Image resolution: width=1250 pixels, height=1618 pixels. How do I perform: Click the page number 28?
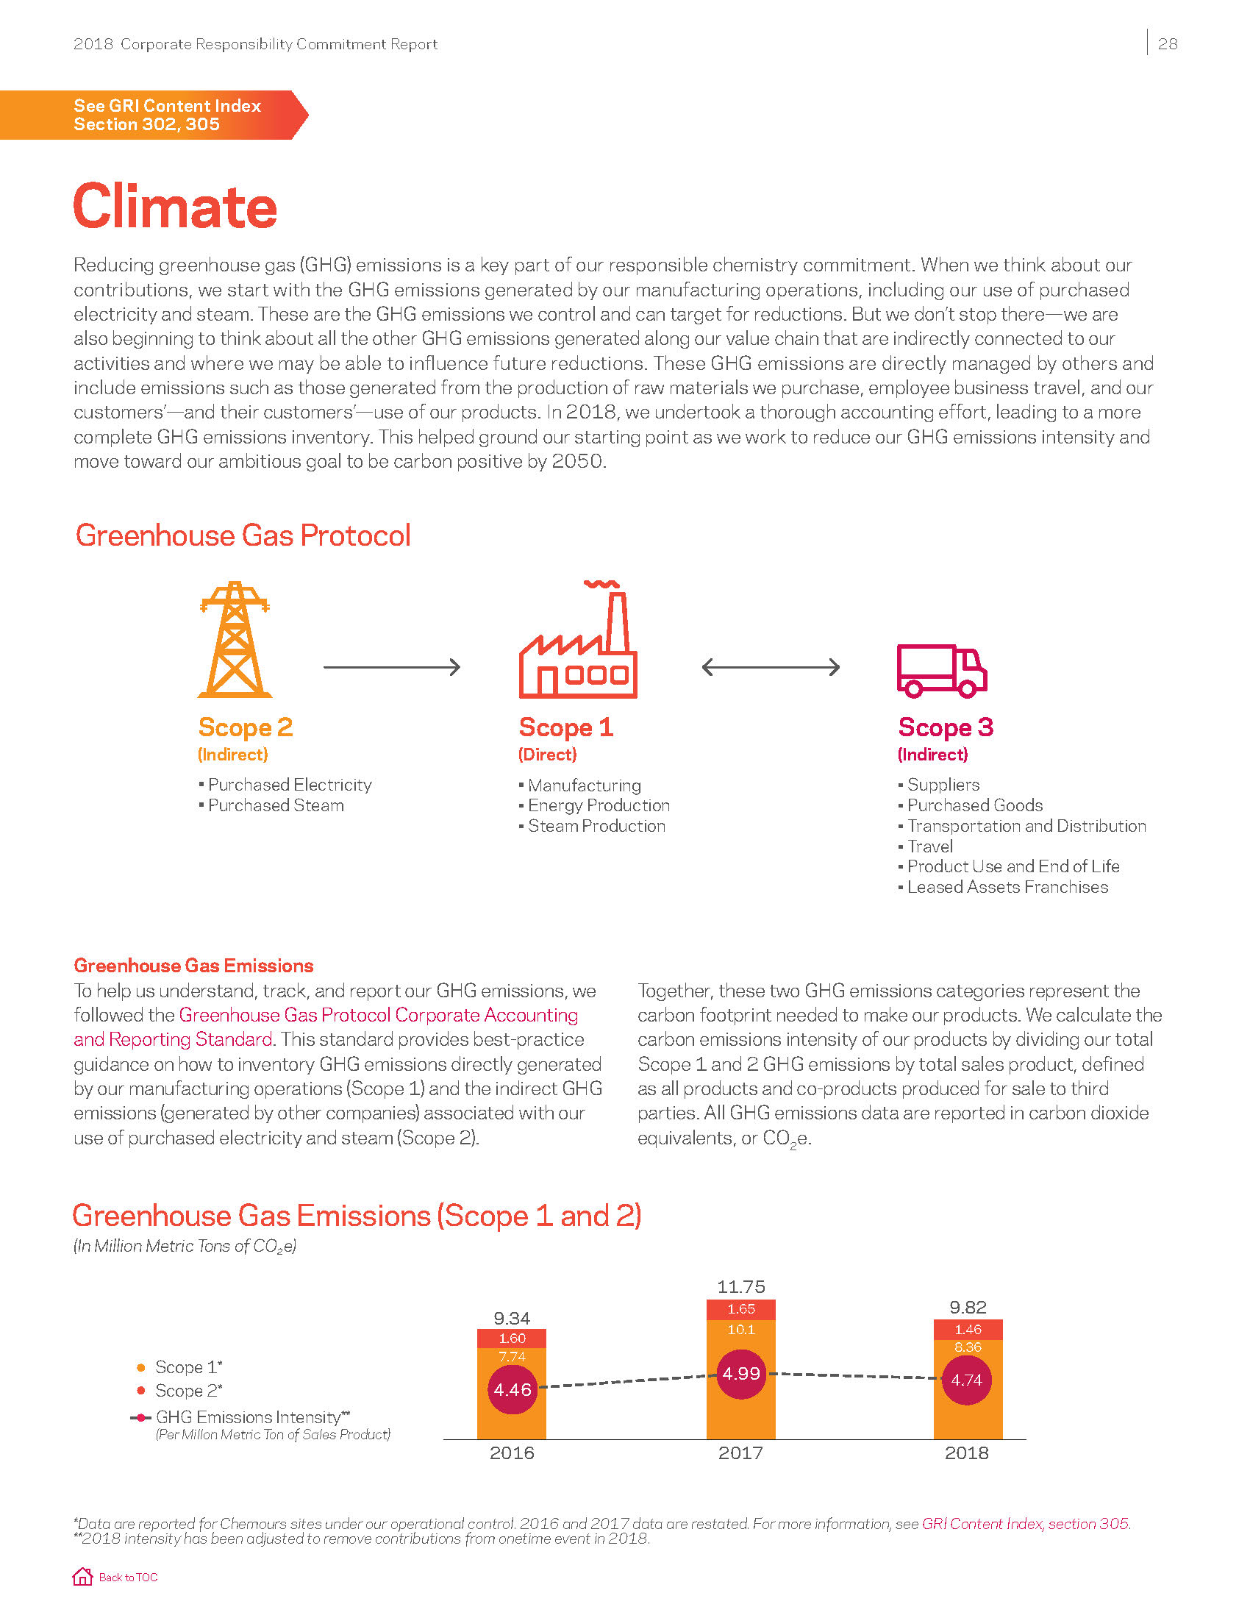[1167, 44]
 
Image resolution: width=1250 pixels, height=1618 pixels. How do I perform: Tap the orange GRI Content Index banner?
[154, 115]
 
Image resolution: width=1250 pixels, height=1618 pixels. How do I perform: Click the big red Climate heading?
[175, 207]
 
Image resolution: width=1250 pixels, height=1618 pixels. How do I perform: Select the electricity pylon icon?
[235, 639]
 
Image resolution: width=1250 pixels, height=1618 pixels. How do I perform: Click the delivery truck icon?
[941, 671]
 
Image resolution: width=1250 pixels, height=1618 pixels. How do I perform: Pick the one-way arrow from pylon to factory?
[392, 667]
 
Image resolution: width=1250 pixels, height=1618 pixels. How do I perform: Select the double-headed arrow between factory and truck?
[770, 667]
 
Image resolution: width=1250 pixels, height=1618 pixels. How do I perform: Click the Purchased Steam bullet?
[276, 805]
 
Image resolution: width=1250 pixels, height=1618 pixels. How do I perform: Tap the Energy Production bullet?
[599, 805]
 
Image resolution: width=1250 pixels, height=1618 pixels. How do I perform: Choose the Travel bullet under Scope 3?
[929, 846]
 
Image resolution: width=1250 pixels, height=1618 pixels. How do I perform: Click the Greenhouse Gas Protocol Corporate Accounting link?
[378, 1015]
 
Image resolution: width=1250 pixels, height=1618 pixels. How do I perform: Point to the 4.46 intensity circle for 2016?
[512, 1390]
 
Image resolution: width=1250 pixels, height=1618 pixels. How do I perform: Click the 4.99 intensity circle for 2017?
[741, 1374]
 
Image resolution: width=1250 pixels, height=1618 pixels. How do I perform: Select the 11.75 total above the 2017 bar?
[741, 1287]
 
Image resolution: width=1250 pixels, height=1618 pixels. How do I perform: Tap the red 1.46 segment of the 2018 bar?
[968, 1330]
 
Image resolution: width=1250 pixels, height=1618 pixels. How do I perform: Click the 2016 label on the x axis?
[512, 1453]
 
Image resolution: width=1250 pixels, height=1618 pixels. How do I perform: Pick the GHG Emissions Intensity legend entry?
[248, 1417]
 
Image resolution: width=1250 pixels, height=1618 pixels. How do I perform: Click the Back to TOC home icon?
[82, 1577]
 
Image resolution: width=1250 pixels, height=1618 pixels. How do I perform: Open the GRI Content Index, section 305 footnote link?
[1025, 1523]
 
